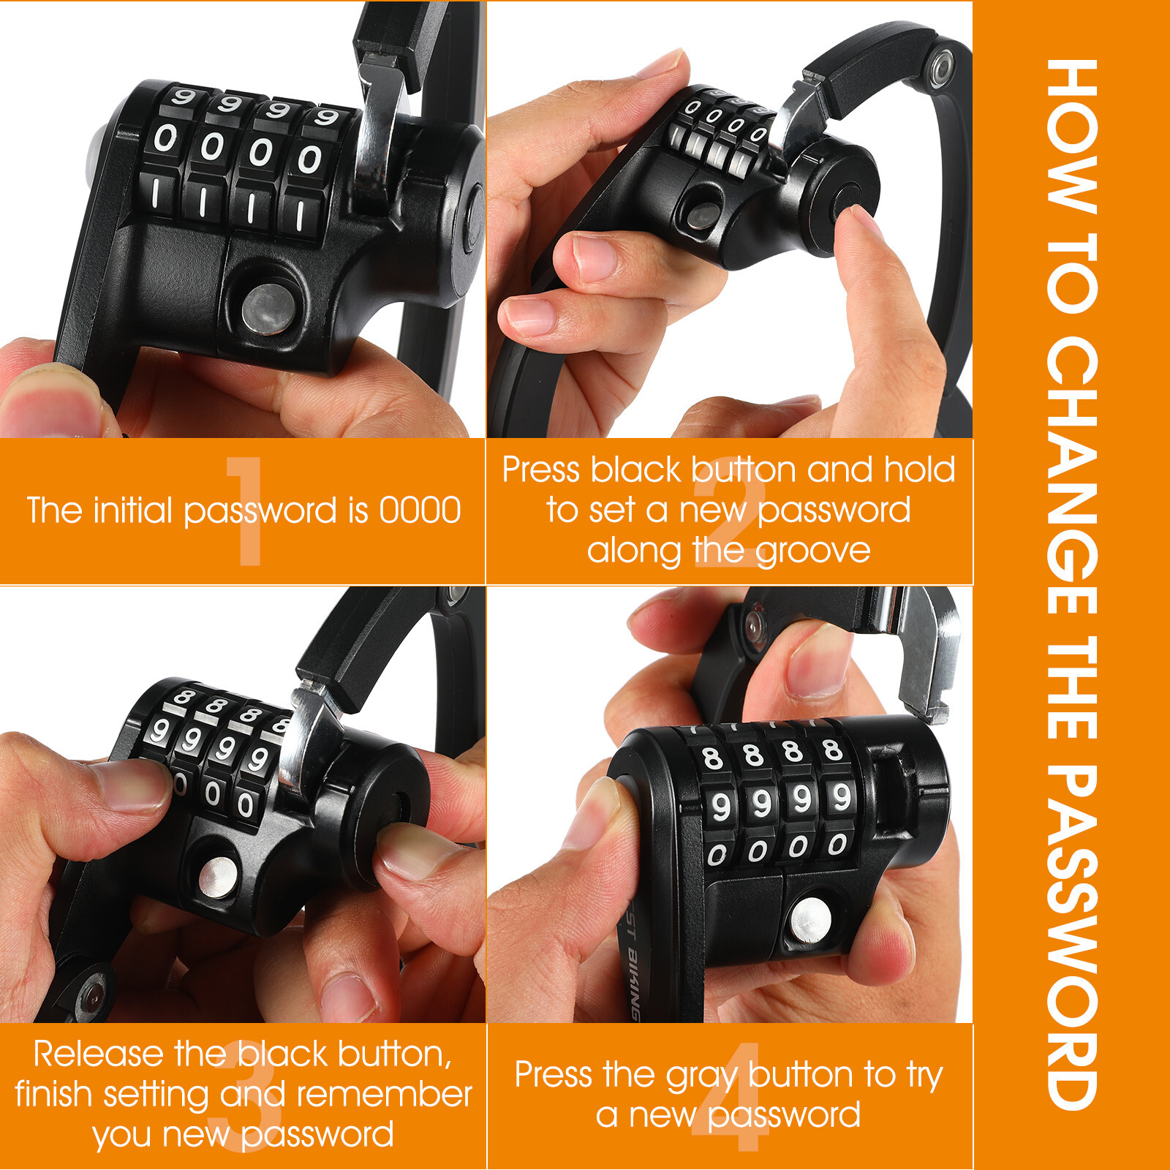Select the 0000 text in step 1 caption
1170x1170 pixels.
click(x=420, y=510)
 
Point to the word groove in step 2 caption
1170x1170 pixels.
click(x=812, y=550)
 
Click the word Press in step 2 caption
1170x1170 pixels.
click(x=541, y=469)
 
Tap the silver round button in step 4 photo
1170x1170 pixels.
click(x=810, y=920)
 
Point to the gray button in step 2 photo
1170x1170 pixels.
click(x=703, y=216)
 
